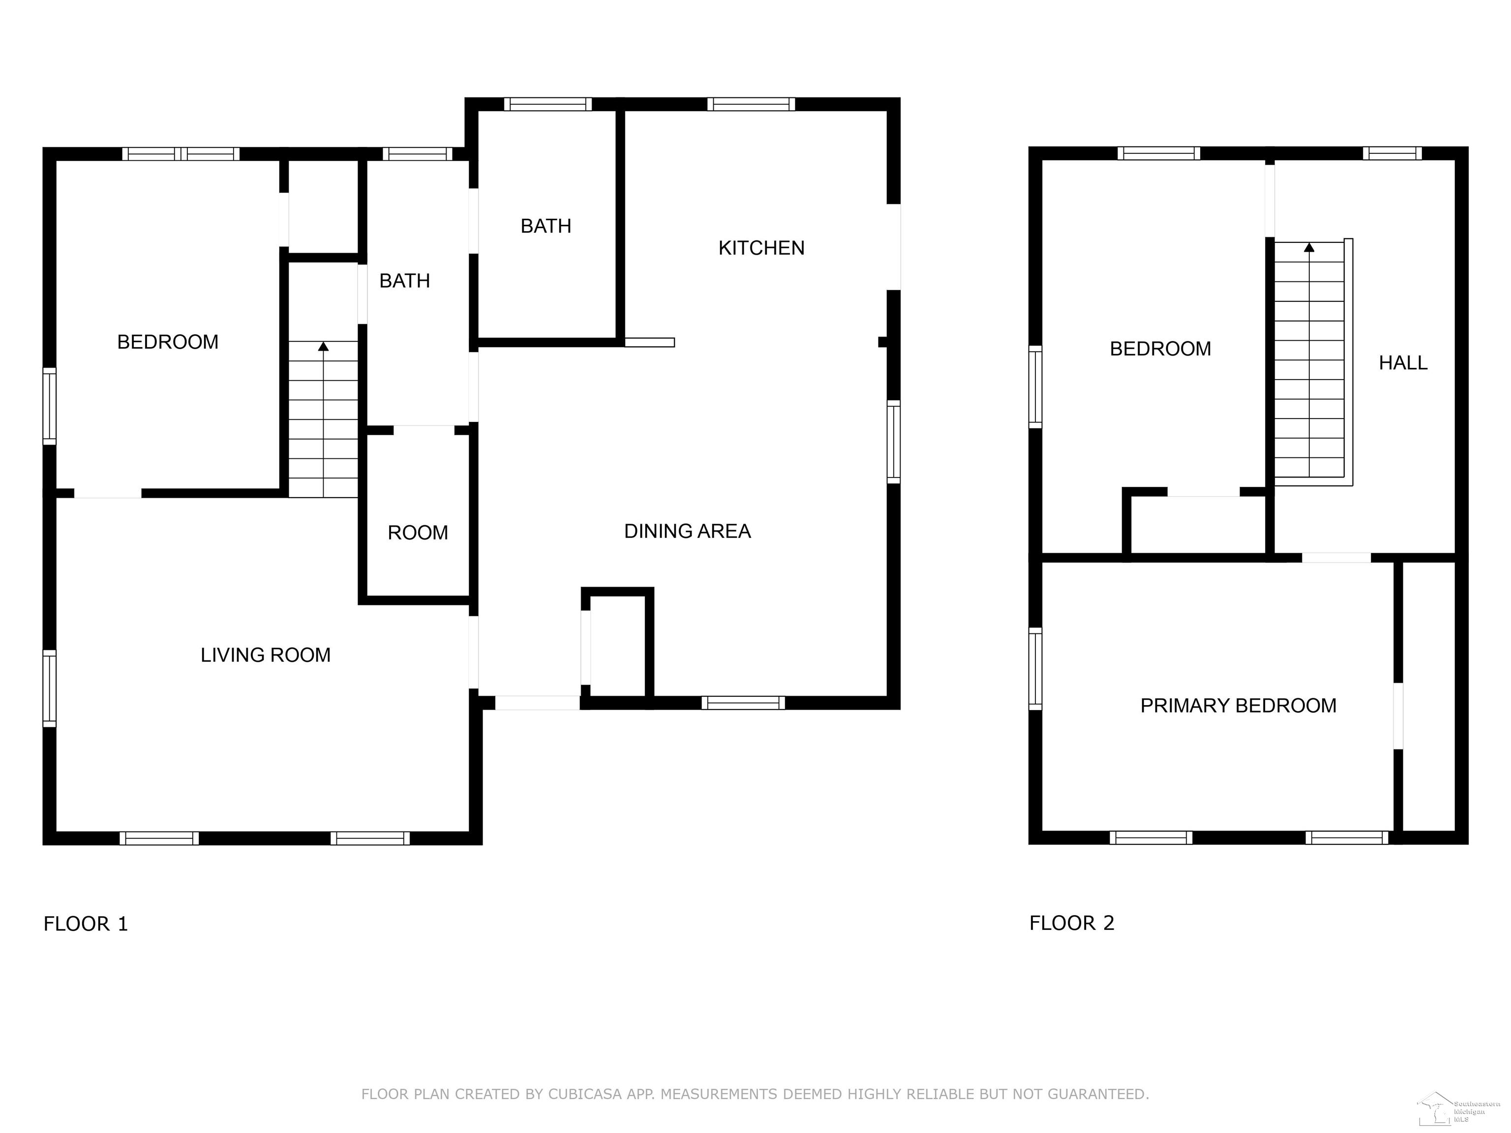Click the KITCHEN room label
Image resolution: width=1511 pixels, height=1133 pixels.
coord(761,248)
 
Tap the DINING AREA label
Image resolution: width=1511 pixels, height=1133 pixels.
coord(687,531)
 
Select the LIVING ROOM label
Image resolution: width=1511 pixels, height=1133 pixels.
coord(266,656)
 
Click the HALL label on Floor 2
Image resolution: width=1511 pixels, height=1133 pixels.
coord(1403,362)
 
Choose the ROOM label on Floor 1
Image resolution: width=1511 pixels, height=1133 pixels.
coord(418,533)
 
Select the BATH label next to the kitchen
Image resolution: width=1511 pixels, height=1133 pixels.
coord(546,226)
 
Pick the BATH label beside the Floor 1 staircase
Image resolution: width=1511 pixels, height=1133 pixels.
coord(404,281)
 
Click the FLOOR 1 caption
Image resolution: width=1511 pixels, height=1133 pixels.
coord(86,924)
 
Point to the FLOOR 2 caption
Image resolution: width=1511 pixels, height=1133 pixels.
coord(1072,924)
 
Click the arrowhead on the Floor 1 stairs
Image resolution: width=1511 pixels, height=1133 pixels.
coord(323,346)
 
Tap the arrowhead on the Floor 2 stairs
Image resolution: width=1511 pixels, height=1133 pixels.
coord(1309,247)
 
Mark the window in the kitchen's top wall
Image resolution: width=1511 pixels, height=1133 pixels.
coord(751,104)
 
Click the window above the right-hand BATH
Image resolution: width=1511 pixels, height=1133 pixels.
coord(548,104)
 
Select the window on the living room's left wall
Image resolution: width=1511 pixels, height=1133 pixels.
coord(49,688)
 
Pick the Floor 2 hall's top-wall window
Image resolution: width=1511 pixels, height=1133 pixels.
coord(1392,153)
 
